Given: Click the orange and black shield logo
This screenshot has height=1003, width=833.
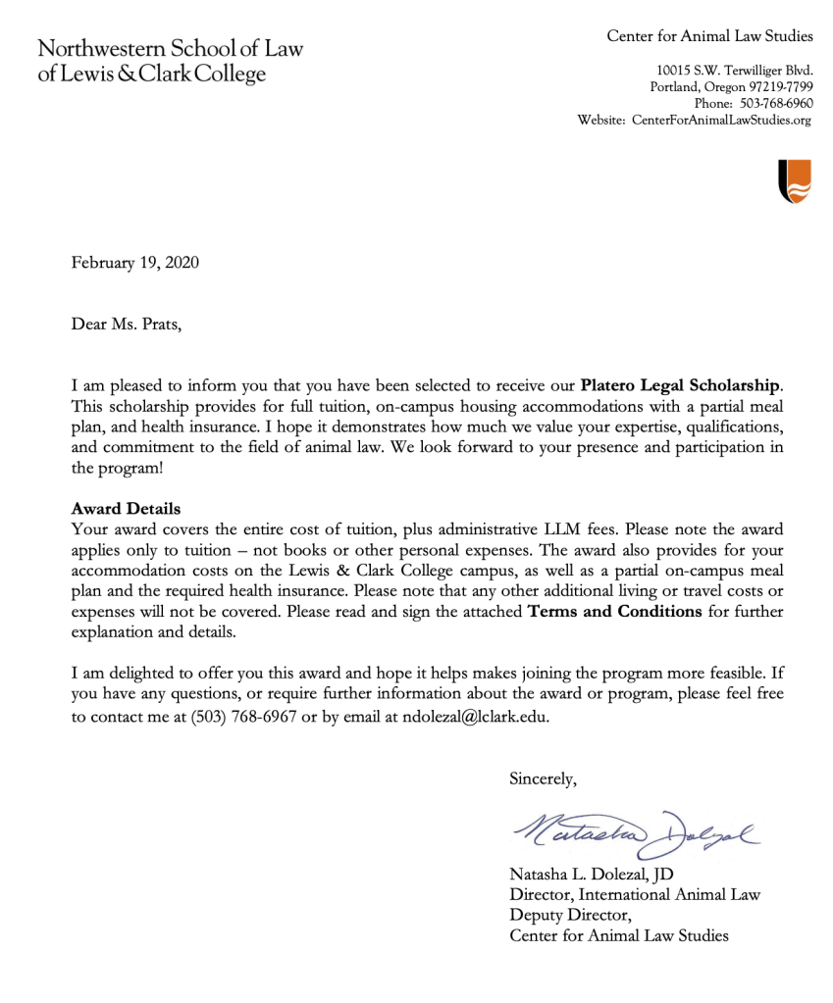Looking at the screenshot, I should pyautogui.click(x=795, y=181).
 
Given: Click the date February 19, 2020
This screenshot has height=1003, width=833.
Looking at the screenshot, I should pyautogui.click(x=134, y=263).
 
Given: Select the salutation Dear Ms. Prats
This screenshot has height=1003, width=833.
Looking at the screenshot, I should pyautogui.click(x=127, y=323).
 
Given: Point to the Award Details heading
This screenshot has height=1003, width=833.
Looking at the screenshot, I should pyautogui.click(x=126, y=509).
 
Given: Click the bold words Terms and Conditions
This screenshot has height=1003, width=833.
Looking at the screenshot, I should pyautogui.click(x=615, y=612).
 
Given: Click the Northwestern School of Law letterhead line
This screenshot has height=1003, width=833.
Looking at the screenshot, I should pyautogui.click(x=171, y=49).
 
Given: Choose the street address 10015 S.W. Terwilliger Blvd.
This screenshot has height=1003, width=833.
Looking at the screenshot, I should pyautogui.click(x=734, y=71).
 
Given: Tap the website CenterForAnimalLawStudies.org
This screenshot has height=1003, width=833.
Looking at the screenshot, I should pyautogui.click(x=722, y=120).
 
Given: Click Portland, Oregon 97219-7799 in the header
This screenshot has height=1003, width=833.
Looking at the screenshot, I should pyautogui.click(x=731, y=87).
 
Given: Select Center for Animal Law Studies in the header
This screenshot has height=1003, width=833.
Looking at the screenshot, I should pyautogui.click(x=709, y=36).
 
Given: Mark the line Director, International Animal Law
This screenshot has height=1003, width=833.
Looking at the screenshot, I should pyautogui.click(x=635, y=894).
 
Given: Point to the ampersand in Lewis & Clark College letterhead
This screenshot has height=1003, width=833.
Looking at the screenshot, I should pyautogui.click(x=128, y=75).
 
